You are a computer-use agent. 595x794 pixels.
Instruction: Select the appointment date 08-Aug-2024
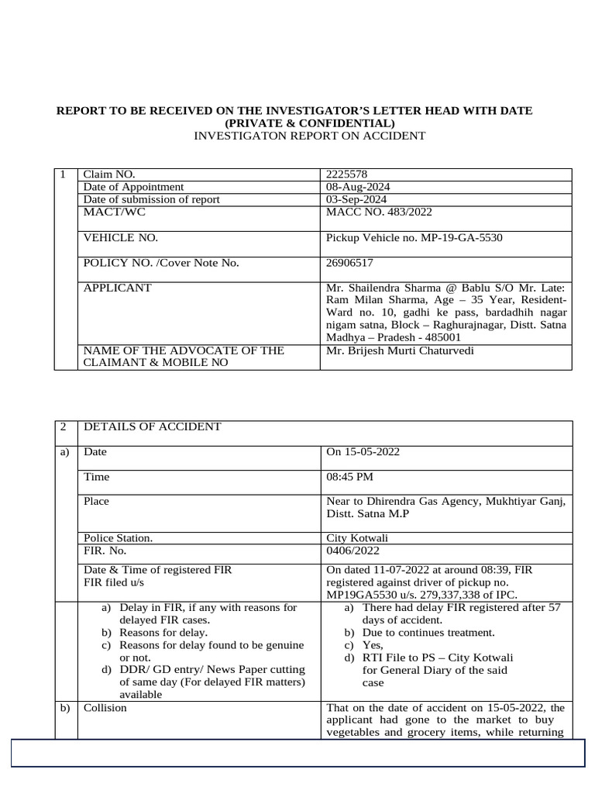[x=357, y=187]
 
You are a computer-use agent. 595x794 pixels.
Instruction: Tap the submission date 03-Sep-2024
[x=356, y=199]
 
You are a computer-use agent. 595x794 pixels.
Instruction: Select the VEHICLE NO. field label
[x=121, y=237]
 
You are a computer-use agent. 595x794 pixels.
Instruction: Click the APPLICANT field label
[x=118, y=288]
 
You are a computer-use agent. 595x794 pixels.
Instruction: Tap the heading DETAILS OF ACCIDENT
[x=152, y=426]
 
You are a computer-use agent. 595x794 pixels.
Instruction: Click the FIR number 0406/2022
[x=353, y=551]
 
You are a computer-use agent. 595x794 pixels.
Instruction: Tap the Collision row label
[x=105, y=708]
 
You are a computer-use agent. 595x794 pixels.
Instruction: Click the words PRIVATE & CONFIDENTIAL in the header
[x=310, y=123]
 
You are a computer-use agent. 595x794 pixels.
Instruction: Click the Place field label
[x=96, y=501]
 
